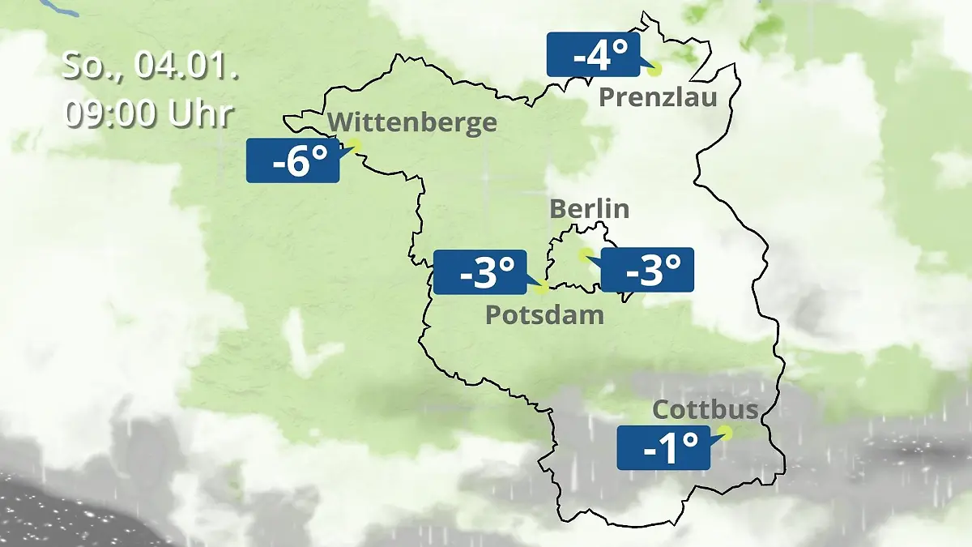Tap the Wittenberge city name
[x=413, y=122]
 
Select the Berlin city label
[x=589, y=208]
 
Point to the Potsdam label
[x=544, y=314]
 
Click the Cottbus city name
[x=706, y=409]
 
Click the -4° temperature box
[x=593, y=54]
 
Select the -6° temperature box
[x=292, y=160]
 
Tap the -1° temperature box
[x=663, y=447]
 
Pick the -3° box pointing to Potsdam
[x=480, y=272]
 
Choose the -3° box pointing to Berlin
[x=647, y=270]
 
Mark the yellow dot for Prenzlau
[x=654, y=70]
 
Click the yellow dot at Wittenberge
[x=353, y=144]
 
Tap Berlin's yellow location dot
[x=584, y=254]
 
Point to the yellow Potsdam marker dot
[x=542, y=287]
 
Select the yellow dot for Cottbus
[x=725, y=433]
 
